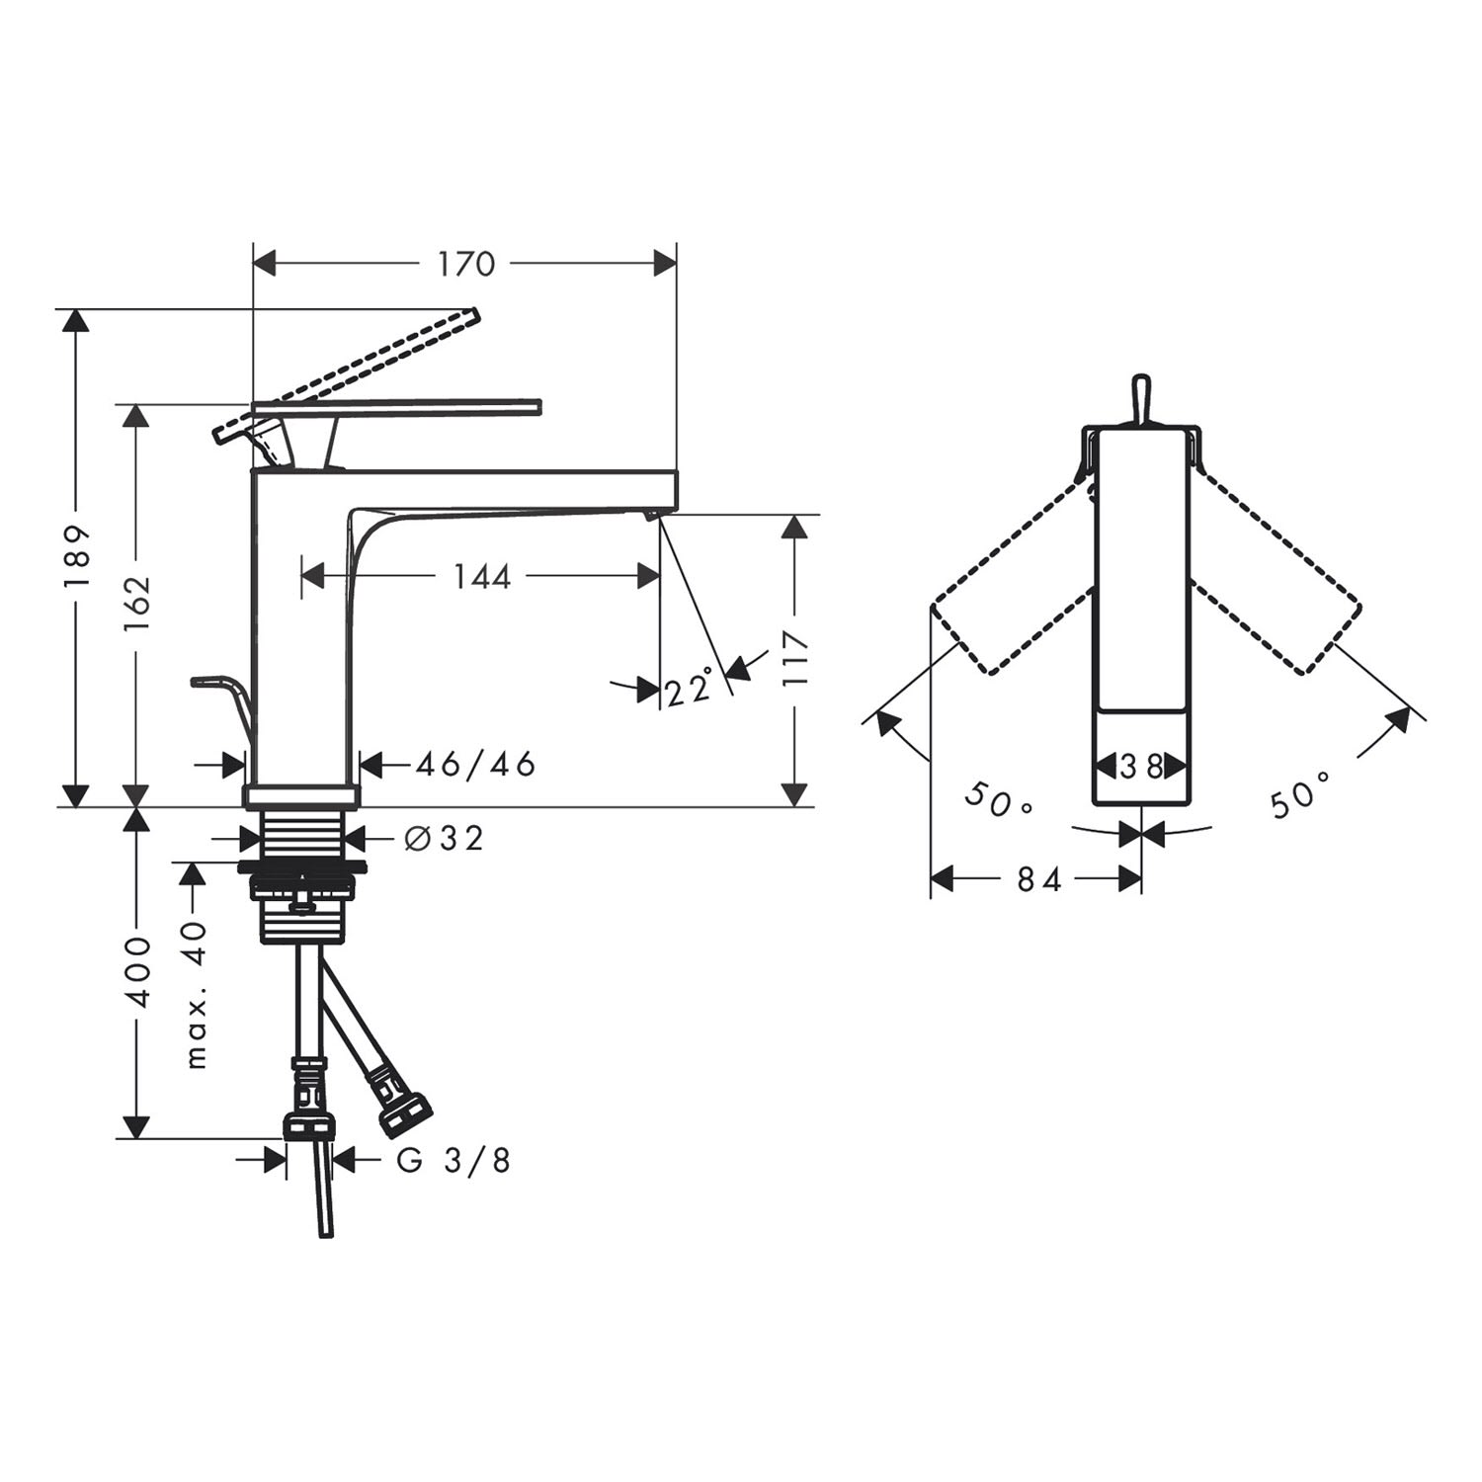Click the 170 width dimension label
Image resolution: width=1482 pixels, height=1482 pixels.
click(x=466, y=264)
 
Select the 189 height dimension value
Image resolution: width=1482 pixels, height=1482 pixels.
click(x=77, y=556)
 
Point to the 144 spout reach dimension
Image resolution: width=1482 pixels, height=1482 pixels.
click(x=482, y=576)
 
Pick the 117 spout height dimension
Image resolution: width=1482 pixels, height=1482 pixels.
click(x=794, y=659)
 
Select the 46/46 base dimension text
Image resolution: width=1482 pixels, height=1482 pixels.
click(x=475, y=764)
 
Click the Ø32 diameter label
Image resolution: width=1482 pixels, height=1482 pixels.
click(x=445, y=838)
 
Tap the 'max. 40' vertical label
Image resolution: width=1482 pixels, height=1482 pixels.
click(x=197, y=994)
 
